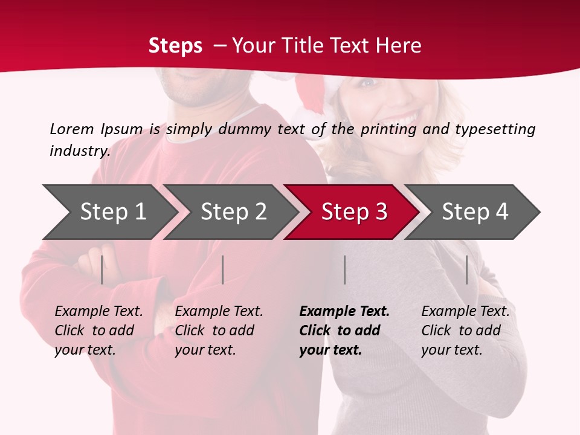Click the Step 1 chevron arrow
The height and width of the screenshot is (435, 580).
pos(109,212)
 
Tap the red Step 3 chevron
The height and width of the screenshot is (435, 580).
pos(352,212)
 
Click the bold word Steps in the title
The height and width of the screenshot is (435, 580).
pos(175,46)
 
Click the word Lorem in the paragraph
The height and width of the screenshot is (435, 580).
pos(72,129)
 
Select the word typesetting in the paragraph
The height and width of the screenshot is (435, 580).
pos(495,129)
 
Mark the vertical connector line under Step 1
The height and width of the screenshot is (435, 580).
pos(102,269)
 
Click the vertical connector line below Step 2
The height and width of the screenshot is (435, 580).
pos(223,269)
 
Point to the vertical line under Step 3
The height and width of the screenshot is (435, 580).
pos(345,269)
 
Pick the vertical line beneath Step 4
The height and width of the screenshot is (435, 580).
pos(467,269)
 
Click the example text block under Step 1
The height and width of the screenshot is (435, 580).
pos(98,330)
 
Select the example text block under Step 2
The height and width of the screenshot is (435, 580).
pos(219,330)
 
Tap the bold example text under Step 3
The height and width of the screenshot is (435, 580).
pos(344,330)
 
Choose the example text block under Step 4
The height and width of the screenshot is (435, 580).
pos(465,330)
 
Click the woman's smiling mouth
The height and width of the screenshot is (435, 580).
pos(406,117)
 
